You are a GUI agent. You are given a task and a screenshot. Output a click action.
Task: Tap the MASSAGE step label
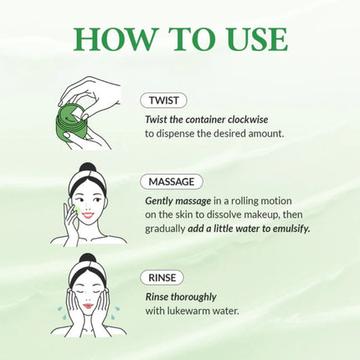pos(172,182)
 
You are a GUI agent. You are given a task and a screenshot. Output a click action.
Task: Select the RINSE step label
pos(162,277)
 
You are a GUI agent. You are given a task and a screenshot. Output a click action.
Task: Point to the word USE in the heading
pos(251,39)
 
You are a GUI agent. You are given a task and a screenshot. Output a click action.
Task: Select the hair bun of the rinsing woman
pos(89,260)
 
